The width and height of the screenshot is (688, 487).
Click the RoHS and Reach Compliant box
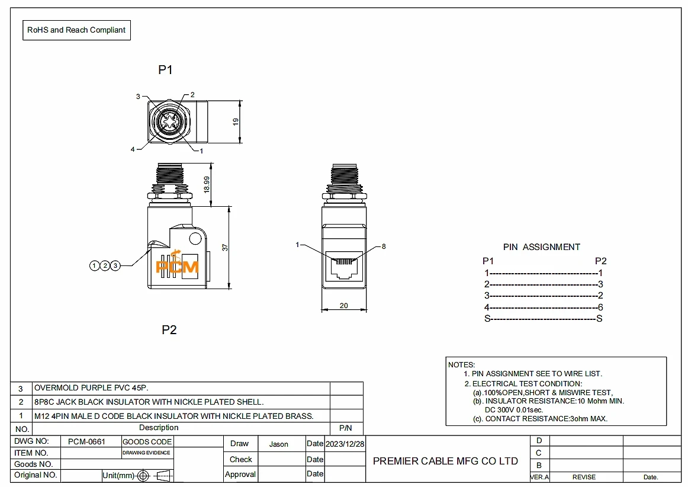76,30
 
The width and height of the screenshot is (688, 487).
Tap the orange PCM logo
177,264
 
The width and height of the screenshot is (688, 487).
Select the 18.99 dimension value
207,184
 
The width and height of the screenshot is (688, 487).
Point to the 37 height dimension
225,248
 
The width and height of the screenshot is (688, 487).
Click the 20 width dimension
344,306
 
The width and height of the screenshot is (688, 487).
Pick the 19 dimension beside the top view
236,121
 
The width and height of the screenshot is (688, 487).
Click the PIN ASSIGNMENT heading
541,247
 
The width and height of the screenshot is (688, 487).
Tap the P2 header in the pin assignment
601,261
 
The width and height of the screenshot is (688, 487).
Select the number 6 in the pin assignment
600,307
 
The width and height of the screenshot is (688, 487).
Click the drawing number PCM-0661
86,442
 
